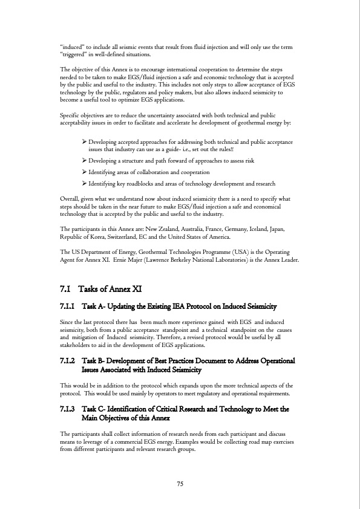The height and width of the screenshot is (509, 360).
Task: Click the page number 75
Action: tap(180, 483)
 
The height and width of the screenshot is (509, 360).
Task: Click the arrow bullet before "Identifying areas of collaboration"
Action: tap(84, 172)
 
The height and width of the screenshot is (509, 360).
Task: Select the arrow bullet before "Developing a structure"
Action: tap(84, 161)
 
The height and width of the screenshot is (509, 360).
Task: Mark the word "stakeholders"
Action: tap(77, 345)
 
